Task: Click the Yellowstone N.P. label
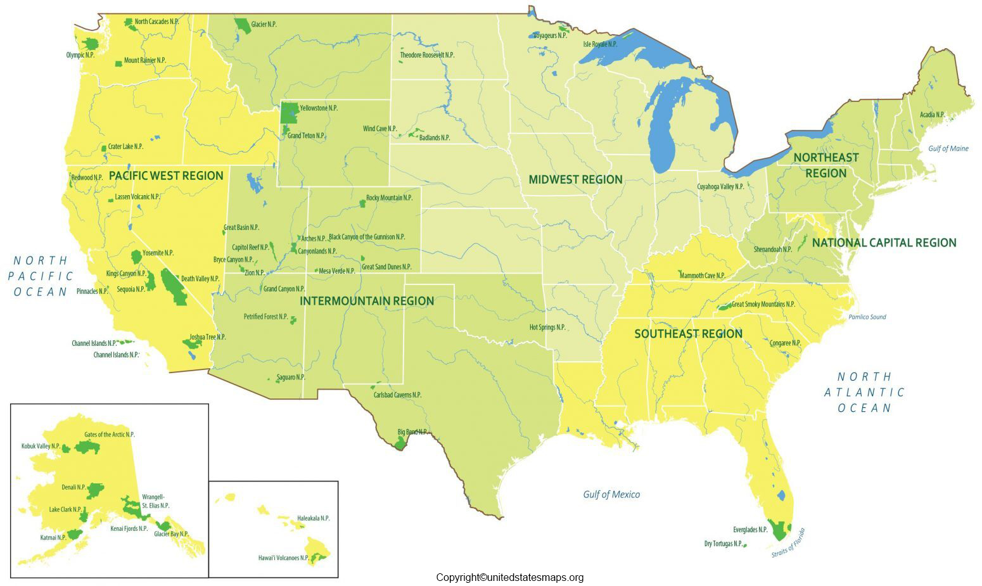(319, 108)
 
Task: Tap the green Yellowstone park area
(290, 113)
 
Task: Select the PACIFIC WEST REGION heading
(166, 175)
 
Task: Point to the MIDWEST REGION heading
(575, 179)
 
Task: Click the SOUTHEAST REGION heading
(688, 333)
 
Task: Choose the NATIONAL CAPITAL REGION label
(884, 242)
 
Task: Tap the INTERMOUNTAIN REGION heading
(367, 300)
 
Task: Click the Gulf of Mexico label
(611, 494)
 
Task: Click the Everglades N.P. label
(750, 529)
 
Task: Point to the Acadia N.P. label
(932, 115)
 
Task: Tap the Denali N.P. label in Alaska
(73, 487)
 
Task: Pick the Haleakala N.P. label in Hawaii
(314, 518)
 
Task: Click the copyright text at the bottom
(510, 577)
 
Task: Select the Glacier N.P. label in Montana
(264, 24)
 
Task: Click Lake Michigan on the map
(666, 124)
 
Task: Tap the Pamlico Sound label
(867, 317)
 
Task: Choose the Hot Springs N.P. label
(547, 327)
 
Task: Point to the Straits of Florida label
(789, 543)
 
